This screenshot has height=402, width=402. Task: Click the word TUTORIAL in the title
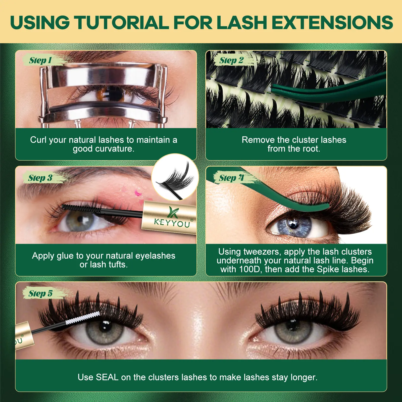[122, 23]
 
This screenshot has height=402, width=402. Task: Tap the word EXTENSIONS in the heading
[332, 23]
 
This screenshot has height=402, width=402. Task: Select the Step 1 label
[40, 60]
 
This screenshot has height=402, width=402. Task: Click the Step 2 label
[231, 60]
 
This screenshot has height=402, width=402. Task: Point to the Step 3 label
[40, 178]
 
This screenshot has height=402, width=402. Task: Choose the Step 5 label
[40, 293]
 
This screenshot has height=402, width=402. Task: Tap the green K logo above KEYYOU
[173, 212]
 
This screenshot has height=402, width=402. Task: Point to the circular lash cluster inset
[175, 177]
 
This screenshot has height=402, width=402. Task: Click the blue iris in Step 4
[294, 225]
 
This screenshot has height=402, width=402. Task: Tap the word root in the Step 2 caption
[311, 149]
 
